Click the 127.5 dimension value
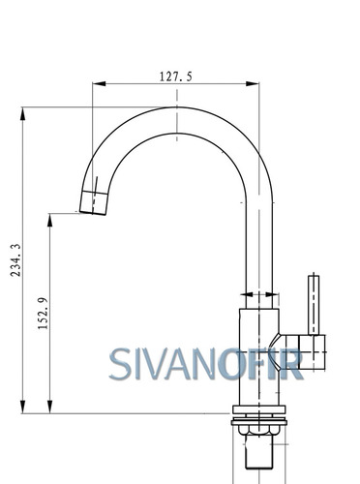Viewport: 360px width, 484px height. (176, 76)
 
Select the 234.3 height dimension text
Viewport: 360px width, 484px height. (15, 260)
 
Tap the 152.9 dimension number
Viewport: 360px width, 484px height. (43, 314)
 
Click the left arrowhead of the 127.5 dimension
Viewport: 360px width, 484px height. (99, 84)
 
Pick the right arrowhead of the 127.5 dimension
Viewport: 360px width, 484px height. (253, 84)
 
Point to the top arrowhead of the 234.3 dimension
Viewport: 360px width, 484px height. (22, 114)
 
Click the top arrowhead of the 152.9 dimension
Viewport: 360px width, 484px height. (49, 220)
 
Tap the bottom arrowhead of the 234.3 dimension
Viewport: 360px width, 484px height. (22, 407)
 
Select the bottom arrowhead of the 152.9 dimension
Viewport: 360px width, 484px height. (49, 407)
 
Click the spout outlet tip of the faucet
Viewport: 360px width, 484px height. (93, 212)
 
